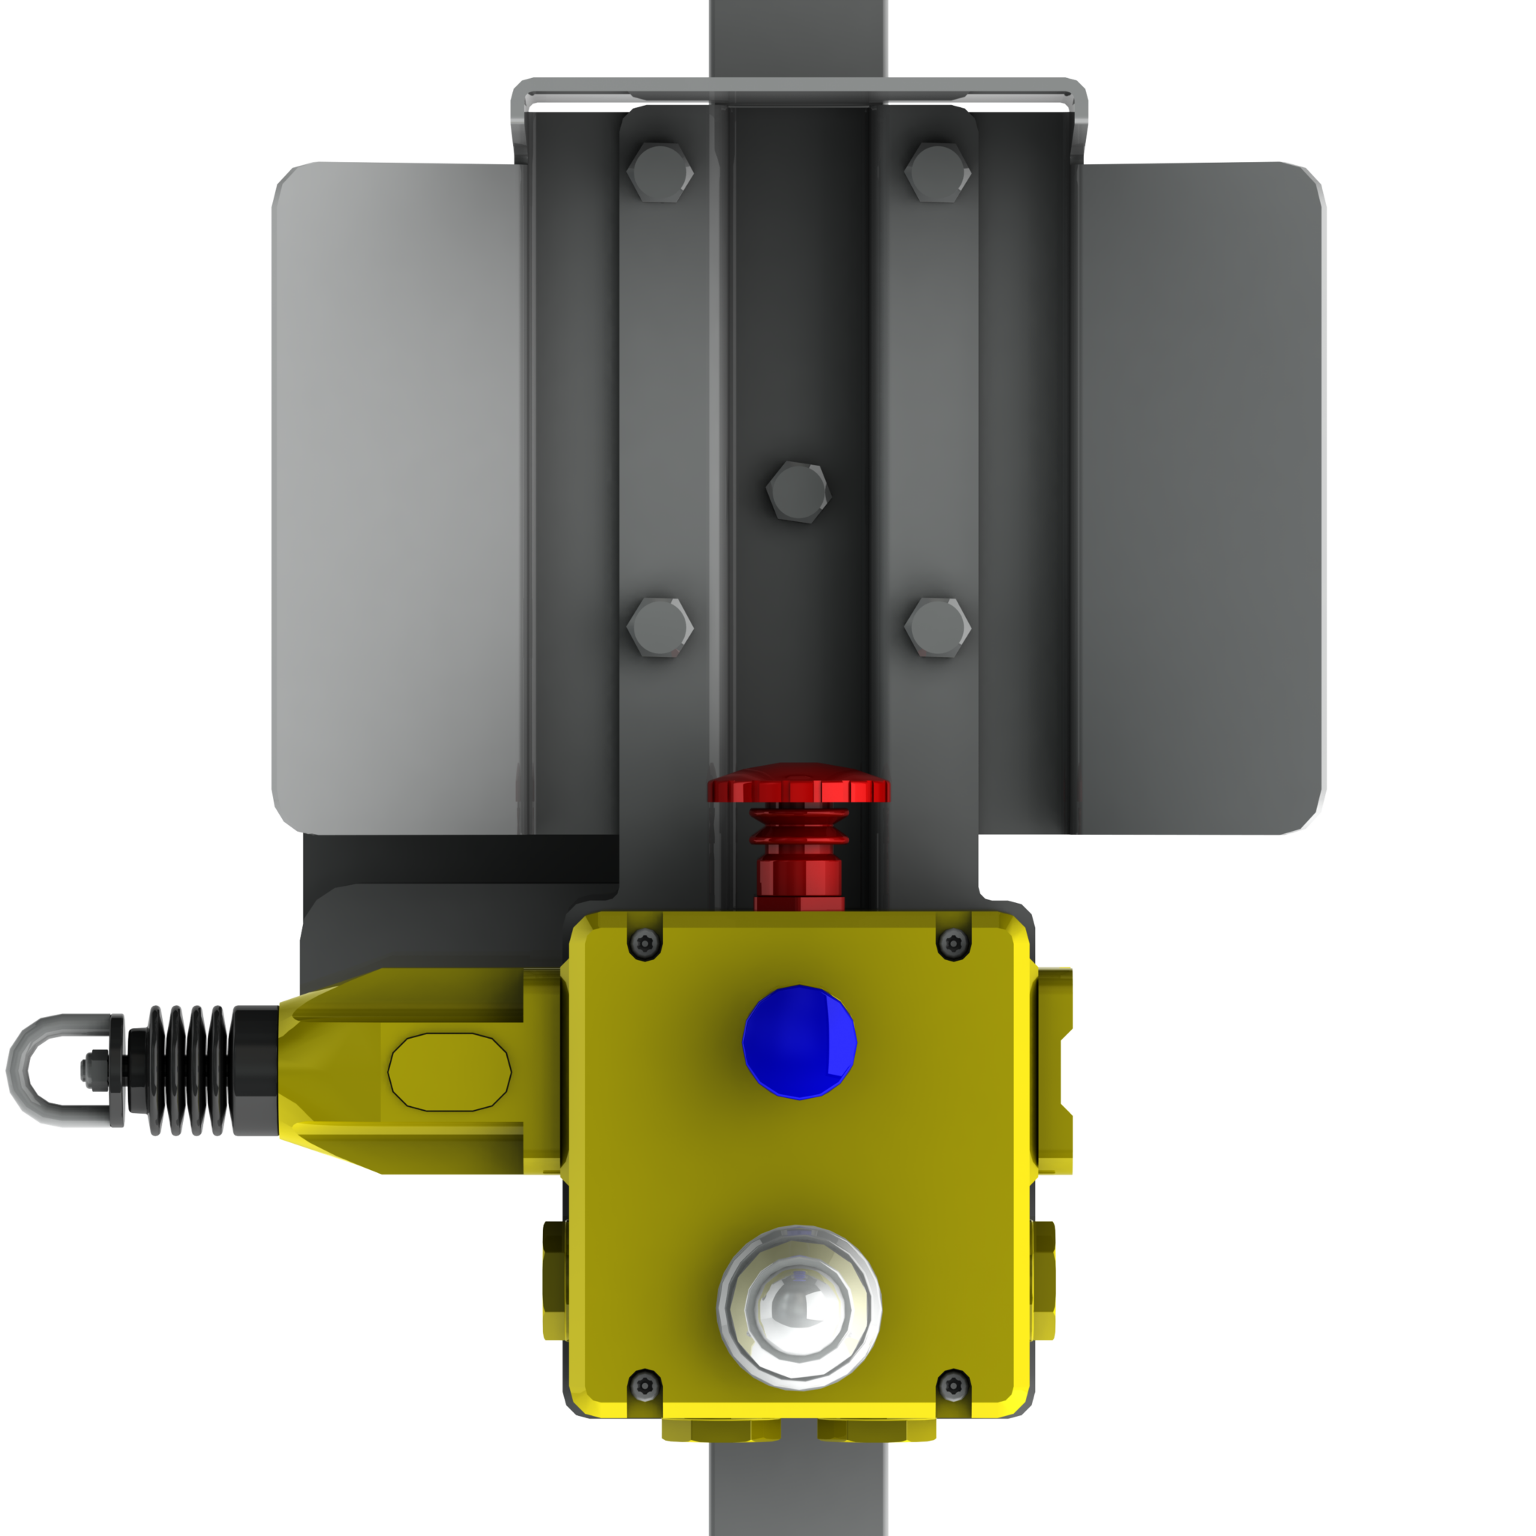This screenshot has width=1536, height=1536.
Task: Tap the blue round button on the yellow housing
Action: (x=799, y=1042)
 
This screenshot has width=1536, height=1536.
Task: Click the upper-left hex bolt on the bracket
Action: (x=659, y=172)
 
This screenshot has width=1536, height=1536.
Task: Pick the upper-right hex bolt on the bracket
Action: (x=937, y=172)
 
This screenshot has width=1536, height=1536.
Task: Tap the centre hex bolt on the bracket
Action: (x=798, y=490)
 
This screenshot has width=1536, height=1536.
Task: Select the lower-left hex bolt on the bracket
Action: (x=659, y=627)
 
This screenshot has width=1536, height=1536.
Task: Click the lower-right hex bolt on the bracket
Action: (x=937, y=627)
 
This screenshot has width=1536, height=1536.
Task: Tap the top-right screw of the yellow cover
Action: (x=953, y=943)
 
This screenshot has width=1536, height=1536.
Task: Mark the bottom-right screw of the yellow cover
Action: (x=953, y=1387)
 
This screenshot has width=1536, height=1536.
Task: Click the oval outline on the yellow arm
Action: (x=449, y=1072)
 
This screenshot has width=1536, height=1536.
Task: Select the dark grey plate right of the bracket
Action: (x=1201, y=493)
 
